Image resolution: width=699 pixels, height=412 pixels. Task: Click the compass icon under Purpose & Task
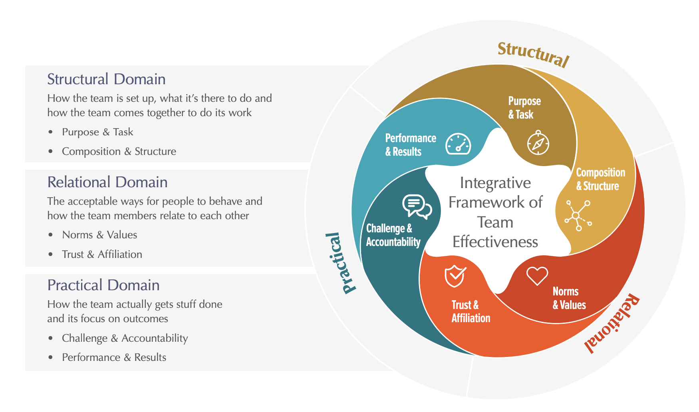(x=538, y=143)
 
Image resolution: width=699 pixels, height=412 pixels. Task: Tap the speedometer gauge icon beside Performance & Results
(x=458, y=144)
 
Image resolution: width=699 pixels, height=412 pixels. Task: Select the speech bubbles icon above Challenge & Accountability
(x=417, y=206)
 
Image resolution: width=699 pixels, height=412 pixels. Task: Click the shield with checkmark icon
(x=455, y=276)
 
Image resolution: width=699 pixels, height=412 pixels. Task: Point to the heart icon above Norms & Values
(x=537, y=276)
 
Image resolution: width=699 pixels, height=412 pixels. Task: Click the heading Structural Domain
(x=106, y=79)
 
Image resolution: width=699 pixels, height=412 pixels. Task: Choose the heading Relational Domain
(x=107, y=182)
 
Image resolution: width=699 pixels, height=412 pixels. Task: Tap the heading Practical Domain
(x=103, y=285)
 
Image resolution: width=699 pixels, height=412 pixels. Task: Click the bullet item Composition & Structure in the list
(x=119, y=151)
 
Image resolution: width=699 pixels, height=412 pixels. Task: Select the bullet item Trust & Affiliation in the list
(x=102, y=254)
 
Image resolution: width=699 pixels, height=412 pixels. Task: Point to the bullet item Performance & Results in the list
(x=114, y=357)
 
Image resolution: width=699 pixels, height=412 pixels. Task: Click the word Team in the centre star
(x=495, y=222)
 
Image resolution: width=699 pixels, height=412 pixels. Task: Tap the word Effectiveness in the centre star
(x=495, y=242)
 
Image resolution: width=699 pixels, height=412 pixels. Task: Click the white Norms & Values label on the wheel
(x=569, y=298)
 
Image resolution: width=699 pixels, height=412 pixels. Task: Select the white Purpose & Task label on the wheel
(x=524, y=108)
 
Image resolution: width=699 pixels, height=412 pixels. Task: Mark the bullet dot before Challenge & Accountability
(x=50, y=338)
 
